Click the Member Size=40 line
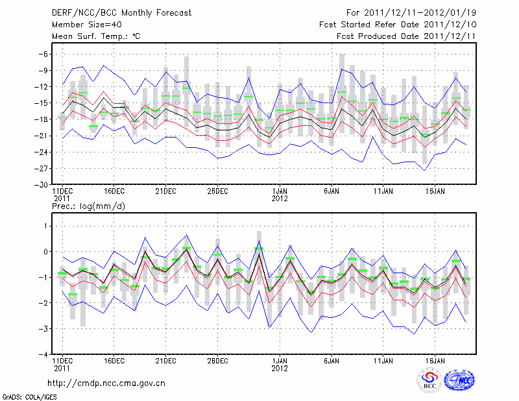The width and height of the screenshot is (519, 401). point(82,25)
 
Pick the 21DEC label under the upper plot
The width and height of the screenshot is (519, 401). point(165,191)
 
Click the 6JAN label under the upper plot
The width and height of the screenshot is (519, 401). point(332,191)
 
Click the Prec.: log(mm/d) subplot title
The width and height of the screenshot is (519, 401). point(88,206)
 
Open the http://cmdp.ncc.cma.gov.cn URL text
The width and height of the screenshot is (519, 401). point(106,383)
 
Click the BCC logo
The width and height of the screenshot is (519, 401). point(429,380)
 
